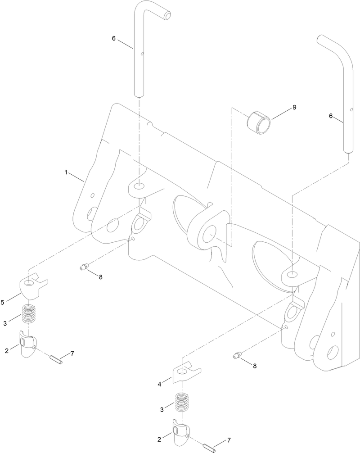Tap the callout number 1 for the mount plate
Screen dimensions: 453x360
[66, 172]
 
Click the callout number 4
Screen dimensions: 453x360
[159, 384]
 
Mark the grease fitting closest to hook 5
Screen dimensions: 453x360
[83, 268]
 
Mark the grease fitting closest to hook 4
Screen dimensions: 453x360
[237, 356]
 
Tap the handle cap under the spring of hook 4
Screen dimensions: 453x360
[180, 433]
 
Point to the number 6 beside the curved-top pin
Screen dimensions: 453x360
[331, 116]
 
